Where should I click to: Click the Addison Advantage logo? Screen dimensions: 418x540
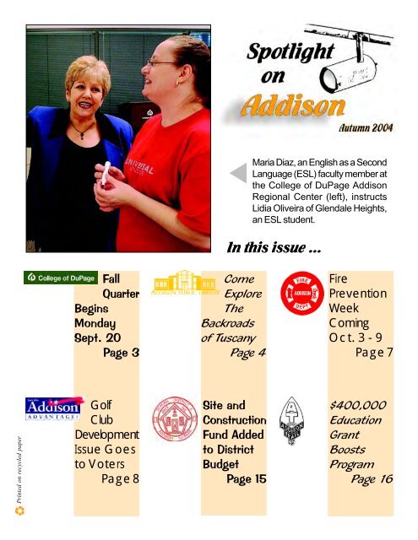click(52, 412)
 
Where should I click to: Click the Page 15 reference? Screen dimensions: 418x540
click(246, 479)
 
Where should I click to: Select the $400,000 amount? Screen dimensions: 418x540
click(359, 404)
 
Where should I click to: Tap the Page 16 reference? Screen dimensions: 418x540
click(372, 479)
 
